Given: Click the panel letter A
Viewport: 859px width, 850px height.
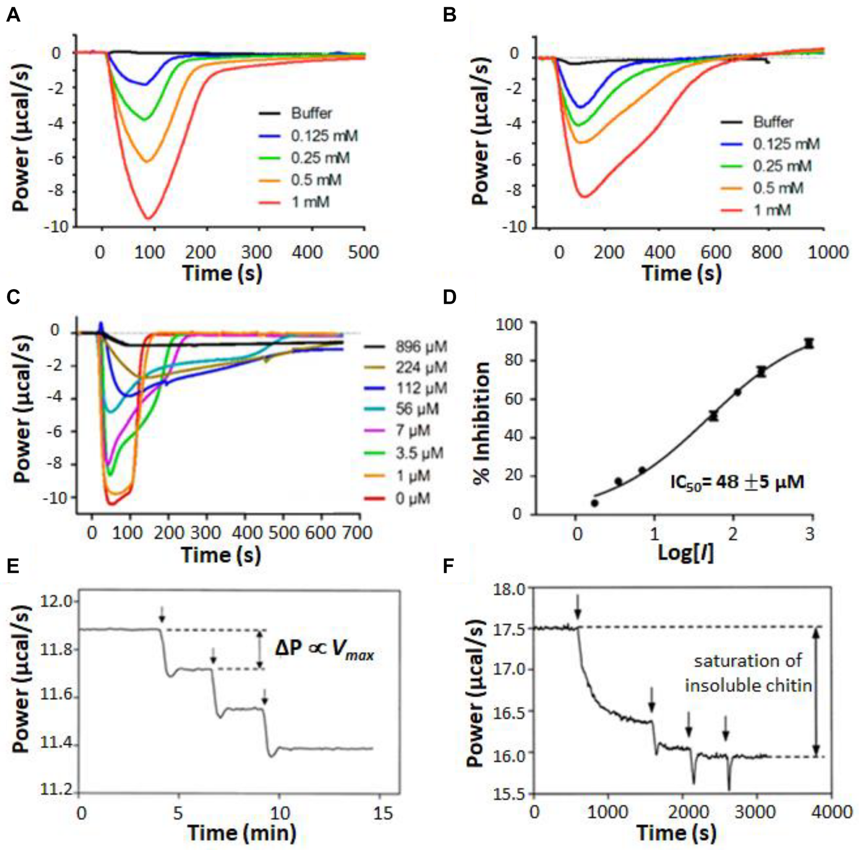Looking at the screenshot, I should (13, 16).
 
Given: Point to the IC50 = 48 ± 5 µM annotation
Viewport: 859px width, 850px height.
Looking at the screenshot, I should (737, 482).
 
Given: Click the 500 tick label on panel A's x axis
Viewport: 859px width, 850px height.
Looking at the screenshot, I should (363, 252).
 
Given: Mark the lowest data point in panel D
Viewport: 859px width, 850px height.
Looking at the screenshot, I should (594, 503).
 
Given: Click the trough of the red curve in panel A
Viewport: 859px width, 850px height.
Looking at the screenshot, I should (148, 218).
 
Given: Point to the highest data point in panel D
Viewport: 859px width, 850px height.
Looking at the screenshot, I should (809, 343).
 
